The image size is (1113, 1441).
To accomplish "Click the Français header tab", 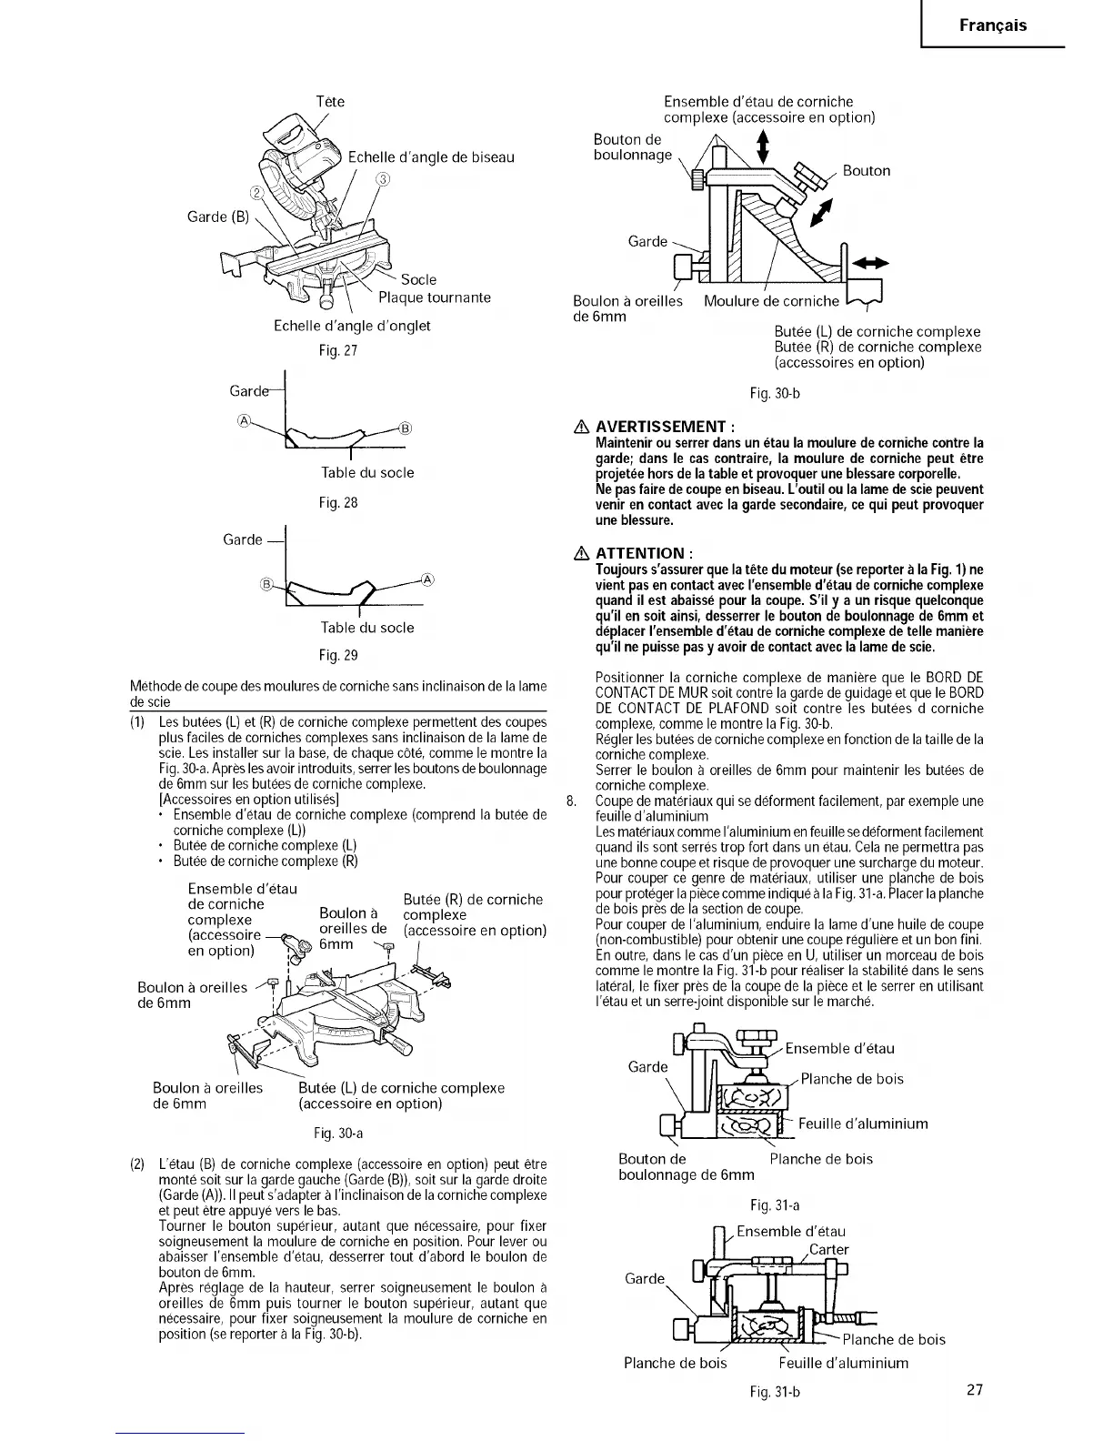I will coord(993,25).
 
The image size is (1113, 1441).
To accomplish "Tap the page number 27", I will coord(975,1390).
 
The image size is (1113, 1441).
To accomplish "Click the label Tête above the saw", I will coord(330,102).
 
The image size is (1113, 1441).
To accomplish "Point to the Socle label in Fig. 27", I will coord(418,279).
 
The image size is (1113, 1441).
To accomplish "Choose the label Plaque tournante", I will coord(434,297).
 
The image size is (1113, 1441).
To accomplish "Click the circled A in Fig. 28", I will coord(244,420).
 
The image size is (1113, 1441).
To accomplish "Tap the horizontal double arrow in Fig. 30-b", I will coord(868,264).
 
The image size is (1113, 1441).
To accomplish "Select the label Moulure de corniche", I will coord(771,301).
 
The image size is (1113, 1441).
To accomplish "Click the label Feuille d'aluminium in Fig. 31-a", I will coord(863,1124).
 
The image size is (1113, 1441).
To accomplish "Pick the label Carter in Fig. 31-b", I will coord(828,1249).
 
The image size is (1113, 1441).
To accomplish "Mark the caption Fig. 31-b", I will coord(775,1392).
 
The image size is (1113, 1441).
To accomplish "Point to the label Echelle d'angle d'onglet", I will coord(352,326).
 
